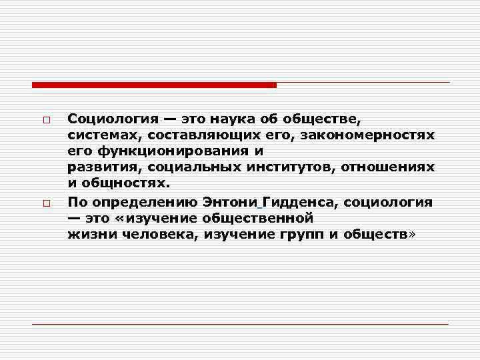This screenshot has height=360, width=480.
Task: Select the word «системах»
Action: (x=97, y=136)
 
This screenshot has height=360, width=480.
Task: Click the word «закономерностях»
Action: (x=367, y=136)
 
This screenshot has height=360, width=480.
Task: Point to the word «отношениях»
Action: (x=387, y=167)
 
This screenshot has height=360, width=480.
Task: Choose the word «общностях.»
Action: (x=123, y=183)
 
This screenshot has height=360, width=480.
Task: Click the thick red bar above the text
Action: (x=154, y=85)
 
